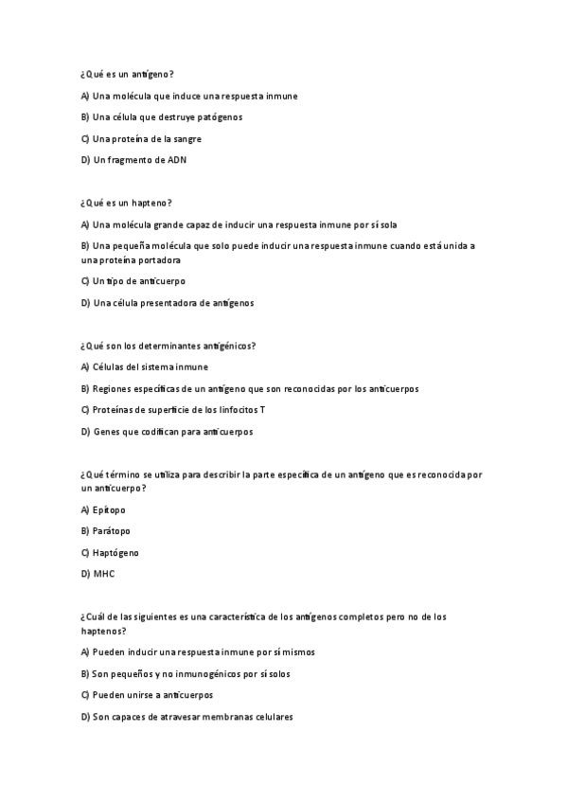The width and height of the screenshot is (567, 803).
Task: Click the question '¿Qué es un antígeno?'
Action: (127, 74)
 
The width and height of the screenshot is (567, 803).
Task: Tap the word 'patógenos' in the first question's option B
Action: (221, 117)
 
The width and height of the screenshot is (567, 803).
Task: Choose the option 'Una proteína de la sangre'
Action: (147, 138)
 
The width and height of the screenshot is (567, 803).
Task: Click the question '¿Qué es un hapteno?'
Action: (126, 203)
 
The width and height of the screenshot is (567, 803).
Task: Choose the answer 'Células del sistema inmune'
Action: (151, 366)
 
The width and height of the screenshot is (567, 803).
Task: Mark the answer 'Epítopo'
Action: (109, 509)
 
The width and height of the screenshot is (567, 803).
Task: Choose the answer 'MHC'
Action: (103, 574)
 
